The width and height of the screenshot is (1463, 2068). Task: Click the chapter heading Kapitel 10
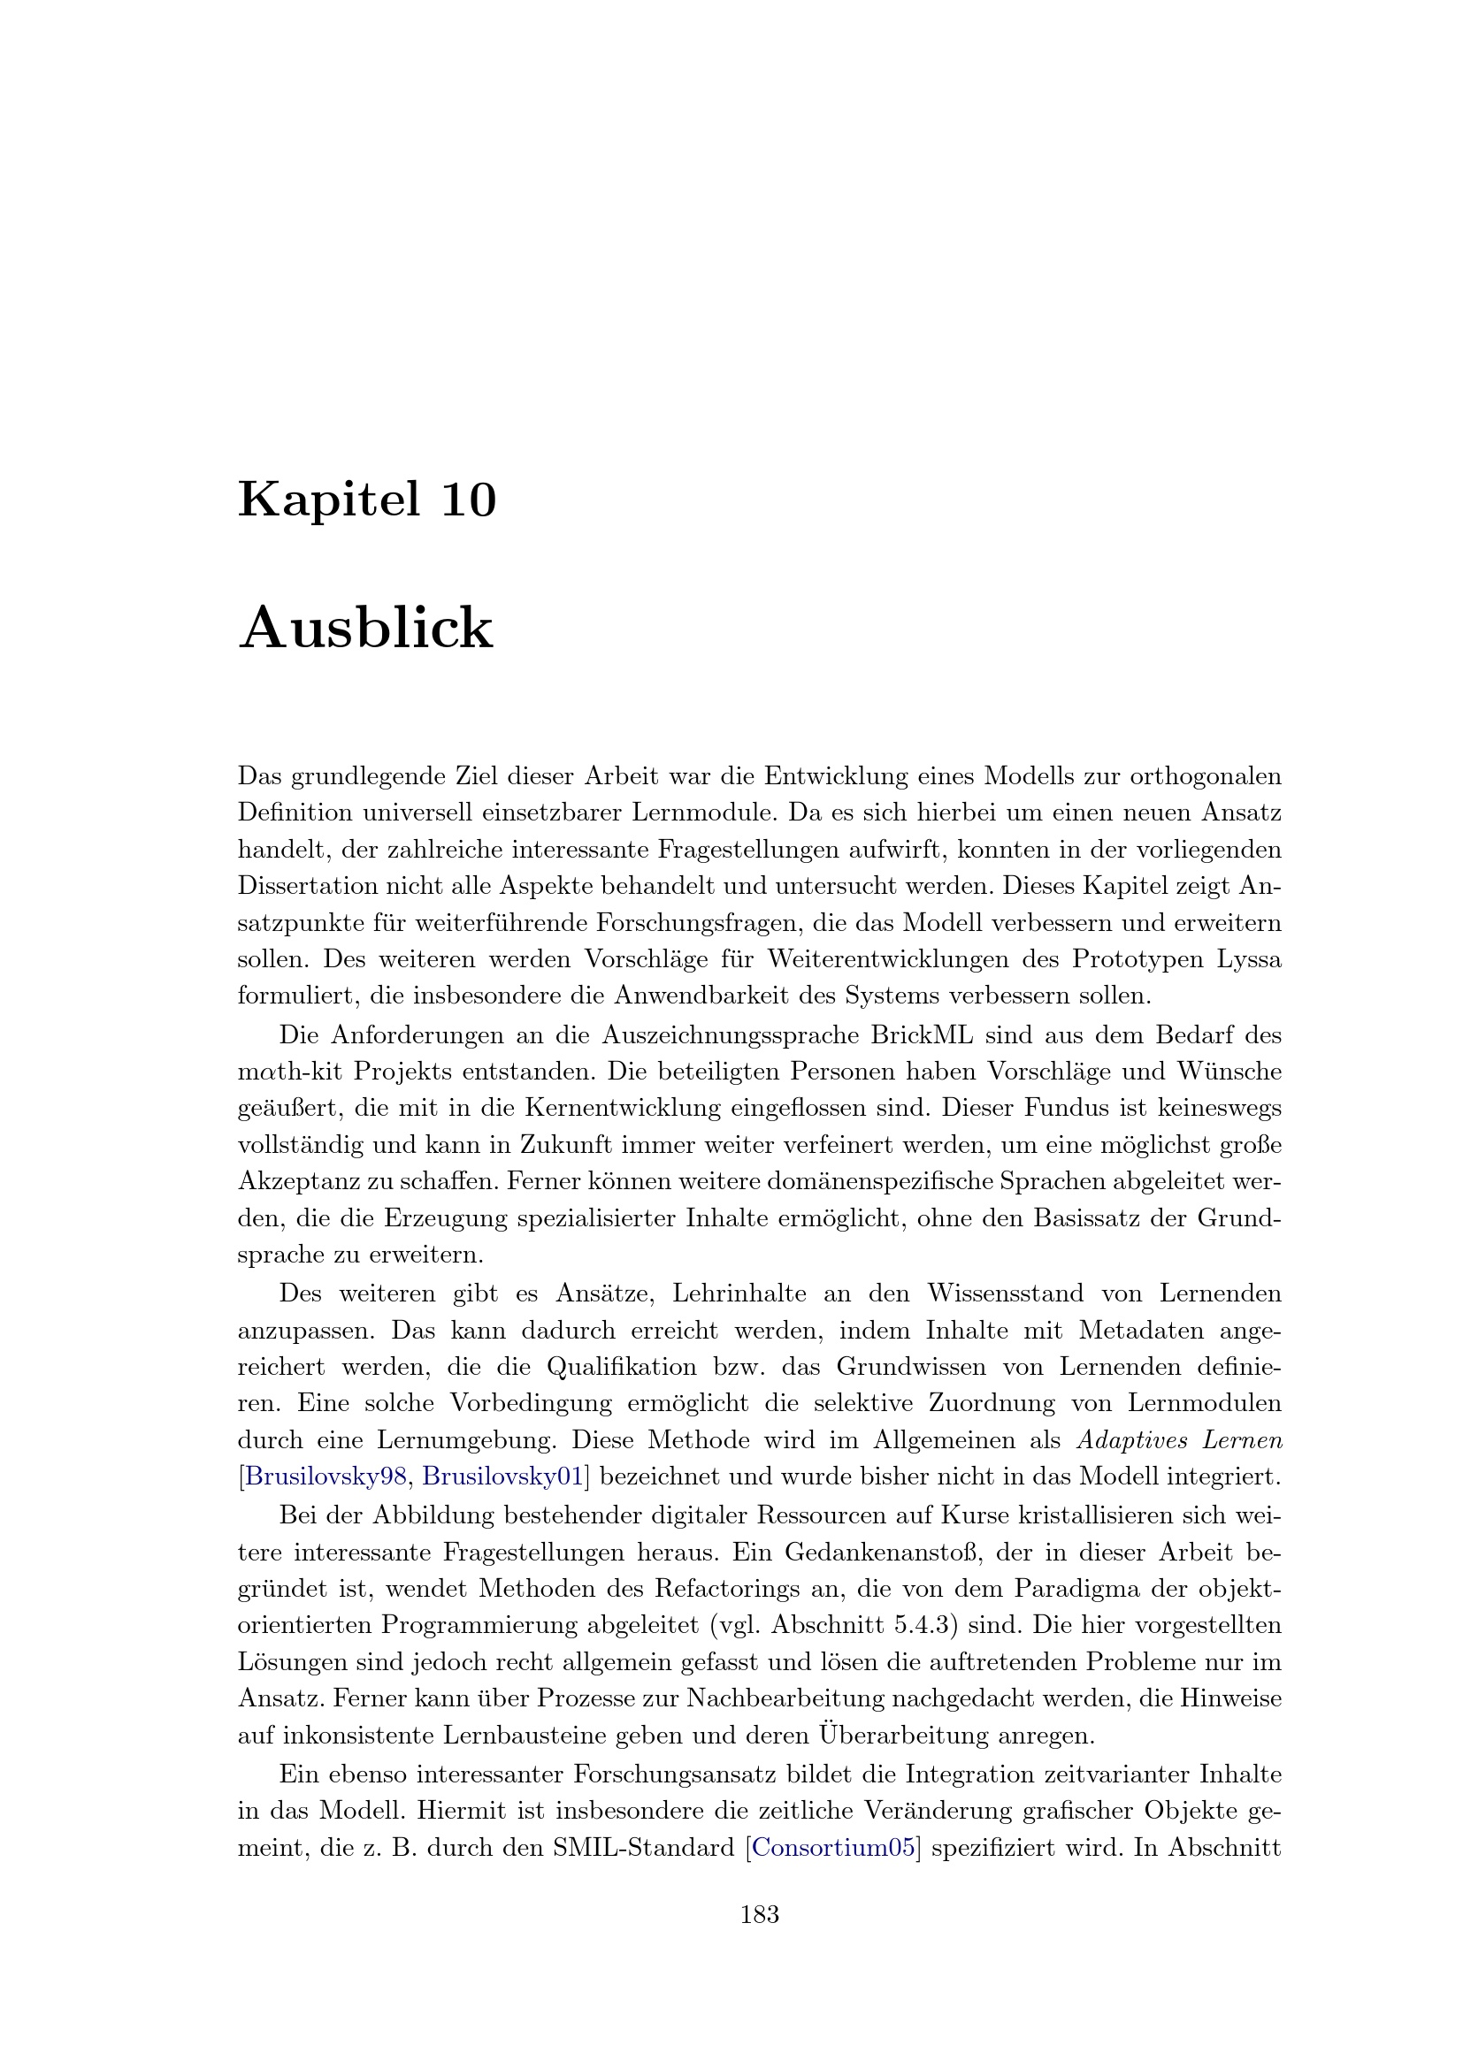(367, 500)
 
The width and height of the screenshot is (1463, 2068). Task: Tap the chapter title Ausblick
(366, 628)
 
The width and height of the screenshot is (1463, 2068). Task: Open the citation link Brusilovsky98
(326, 1477)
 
